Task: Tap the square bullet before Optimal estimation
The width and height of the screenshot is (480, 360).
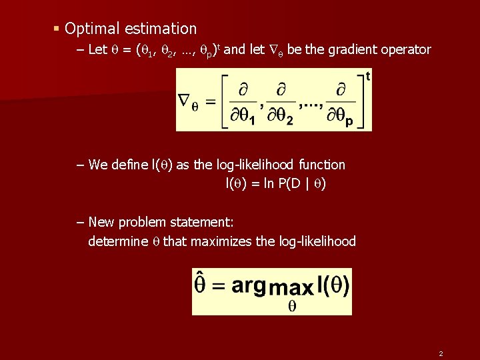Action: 57,29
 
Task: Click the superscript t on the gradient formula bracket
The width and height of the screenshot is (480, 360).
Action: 368,76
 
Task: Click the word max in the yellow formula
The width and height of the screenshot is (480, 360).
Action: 290,289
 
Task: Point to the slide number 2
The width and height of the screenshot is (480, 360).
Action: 441,353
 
